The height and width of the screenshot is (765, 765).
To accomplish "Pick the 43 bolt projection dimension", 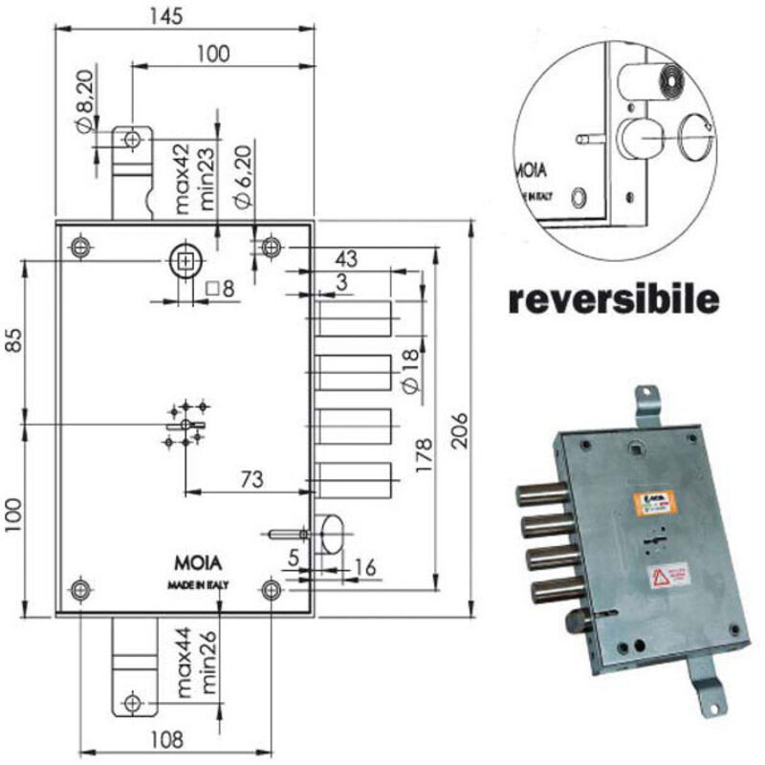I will click(345, 258).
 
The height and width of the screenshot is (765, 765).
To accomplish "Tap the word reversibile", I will click(612, 300).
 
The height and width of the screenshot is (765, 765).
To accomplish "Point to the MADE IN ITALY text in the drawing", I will click(190, 584).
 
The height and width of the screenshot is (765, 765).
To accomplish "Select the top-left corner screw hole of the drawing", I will click(80, 248).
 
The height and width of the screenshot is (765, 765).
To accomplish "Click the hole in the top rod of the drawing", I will click(131, 140).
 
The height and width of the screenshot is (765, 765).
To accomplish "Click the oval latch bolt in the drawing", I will click(332, 532).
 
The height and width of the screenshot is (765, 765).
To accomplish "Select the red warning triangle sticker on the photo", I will click(660, 576).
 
